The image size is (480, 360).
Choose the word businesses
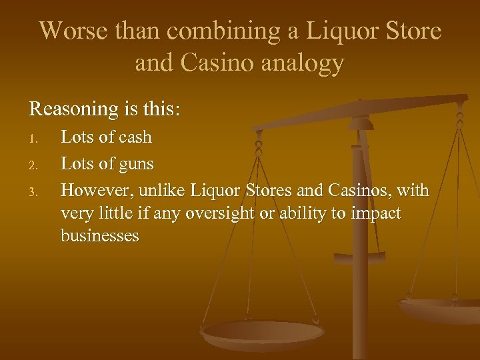100,235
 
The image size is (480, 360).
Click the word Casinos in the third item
359,190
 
